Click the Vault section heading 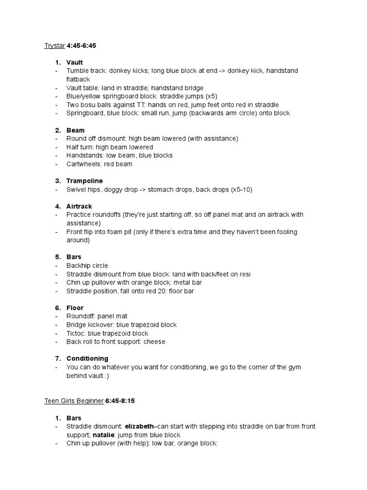[x=75, y=62]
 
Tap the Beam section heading [x=76, y=130]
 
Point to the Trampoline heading [x=85, y=181]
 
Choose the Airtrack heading [x=80, y=206]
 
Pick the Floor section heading [x=75, y=308]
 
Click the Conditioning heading [x=87, y=358]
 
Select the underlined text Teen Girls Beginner [x=74, y=401]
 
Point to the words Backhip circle [x=87, y=266]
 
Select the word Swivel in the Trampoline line [x=76, y=189]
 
